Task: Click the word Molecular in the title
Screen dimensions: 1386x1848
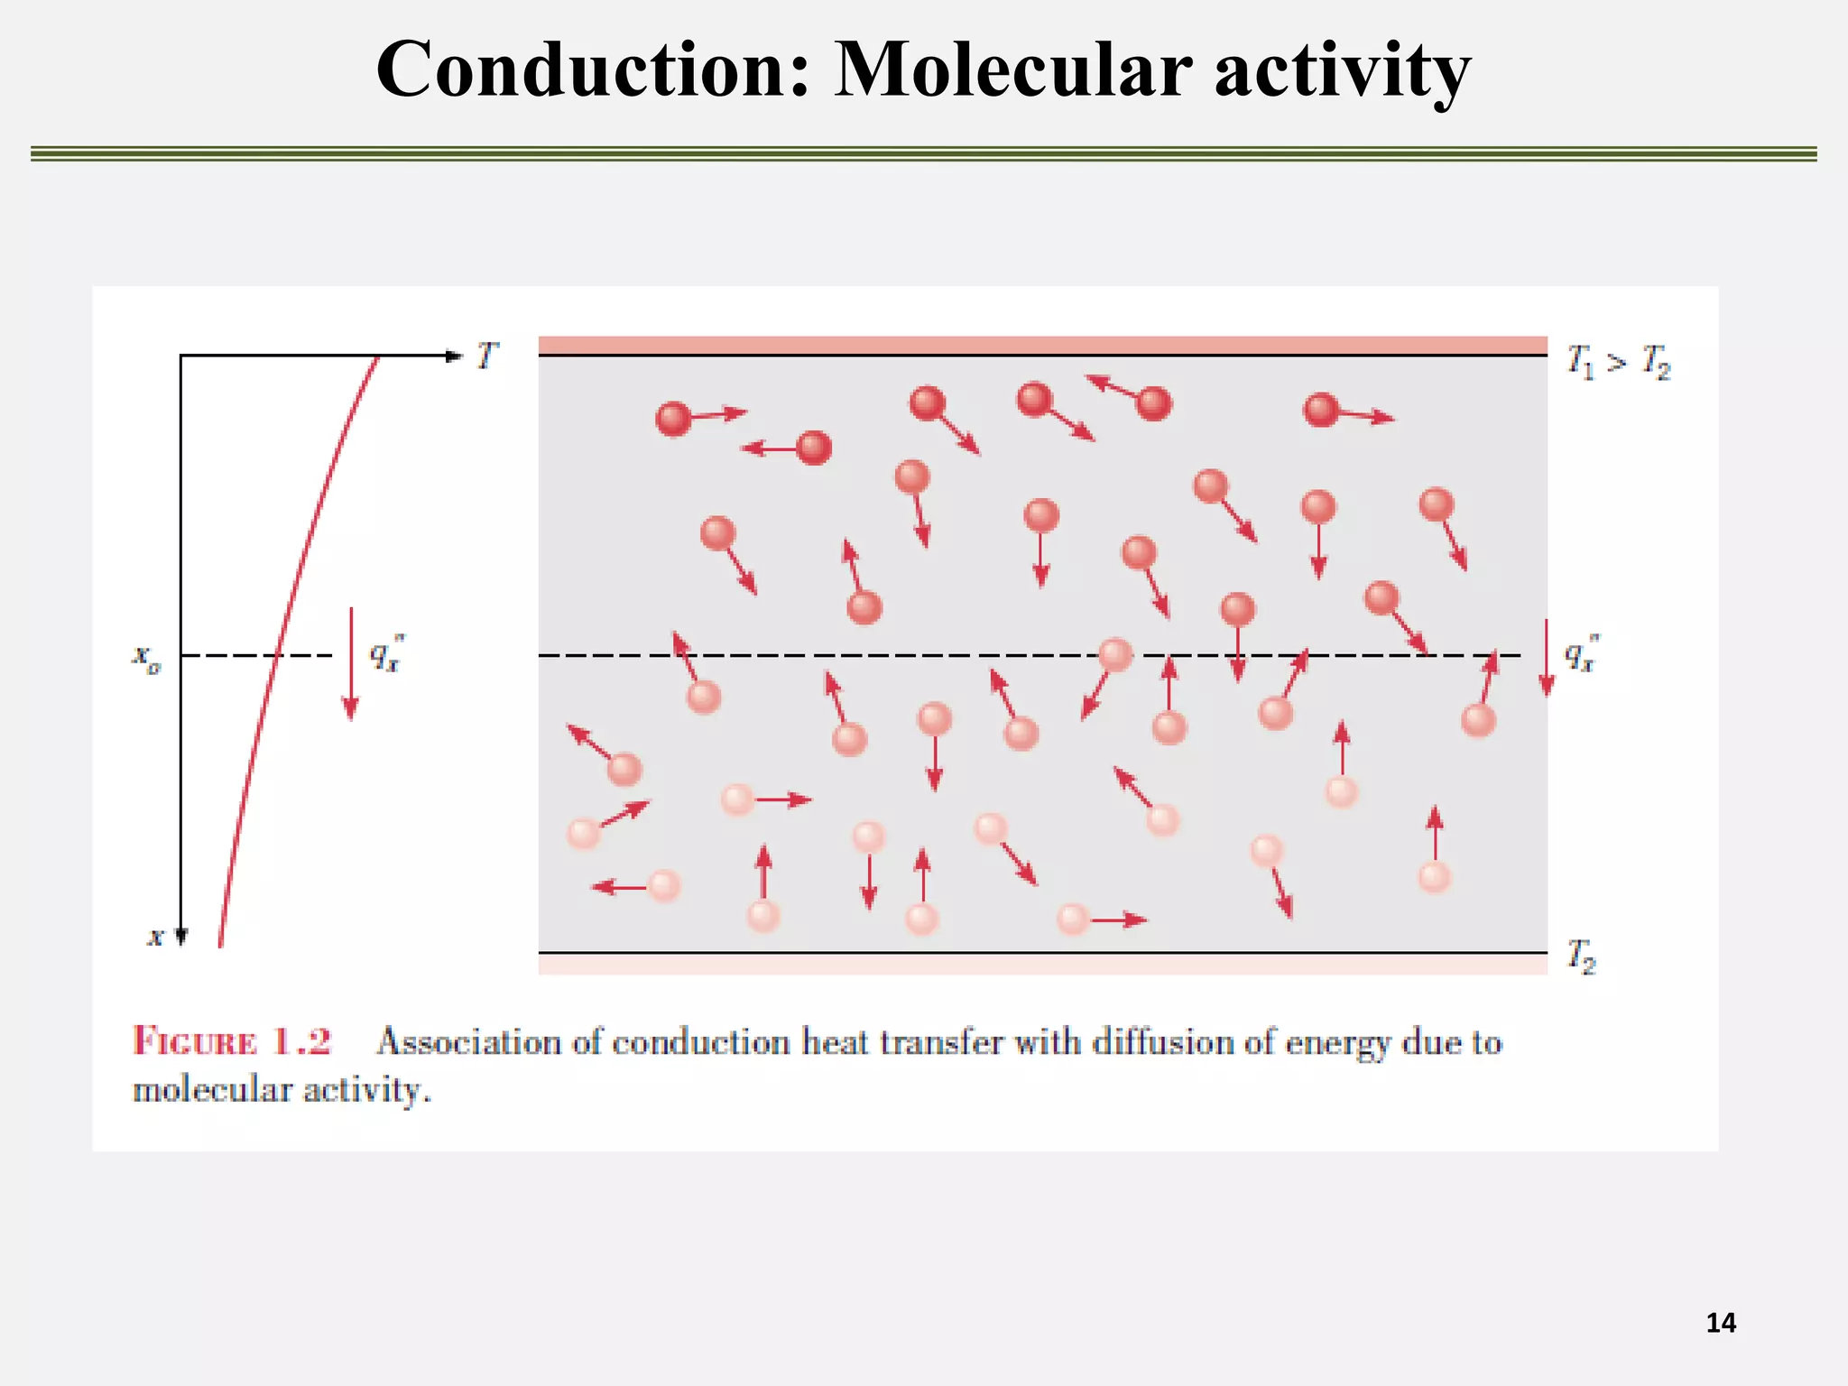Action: tap(1012, 70)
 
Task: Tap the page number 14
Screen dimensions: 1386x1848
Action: tap(1721, 1323)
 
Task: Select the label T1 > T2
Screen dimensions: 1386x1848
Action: tap(1618, 362)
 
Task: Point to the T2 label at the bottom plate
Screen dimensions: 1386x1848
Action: tap(1581, 956)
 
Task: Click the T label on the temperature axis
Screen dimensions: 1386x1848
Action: tap(486, 356)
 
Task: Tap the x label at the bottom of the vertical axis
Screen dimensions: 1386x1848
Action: tap(155, 937)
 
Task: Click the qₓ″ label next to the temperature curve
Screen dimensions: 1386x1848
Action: tap(386, 653)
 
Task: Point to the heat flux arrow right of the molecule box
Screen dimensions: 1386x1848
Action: tap(1547, 658)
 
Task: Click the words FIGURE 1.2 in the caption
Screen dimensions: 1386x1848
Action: tap(232, 1041)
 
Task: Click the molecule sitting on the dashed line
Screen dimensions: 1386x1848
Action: tap(1115, 654)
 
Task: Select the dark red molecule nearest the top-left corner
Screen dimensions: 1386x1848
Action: tap(673, 419)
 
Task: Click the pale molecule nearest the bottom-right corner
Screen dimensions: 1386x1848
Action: tap(1434, 876)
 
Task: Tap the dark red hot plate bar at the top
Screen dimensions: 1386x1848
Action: tap(1042, 346)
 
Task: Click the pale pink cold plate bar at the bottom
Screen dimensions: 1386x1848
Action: tap(1042, 964)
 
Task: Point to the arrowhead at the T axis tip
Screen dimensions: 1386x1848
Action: tap(454, 356)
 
